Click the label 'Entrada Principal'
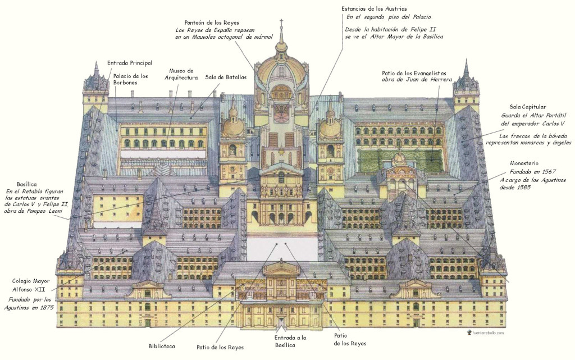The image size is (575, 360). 130,63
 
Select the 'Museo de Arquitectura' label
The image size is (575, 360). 181,74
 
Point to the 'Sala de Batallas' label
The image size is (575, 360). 226,77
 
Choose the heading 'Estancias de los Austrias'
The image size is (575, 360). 374,9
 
